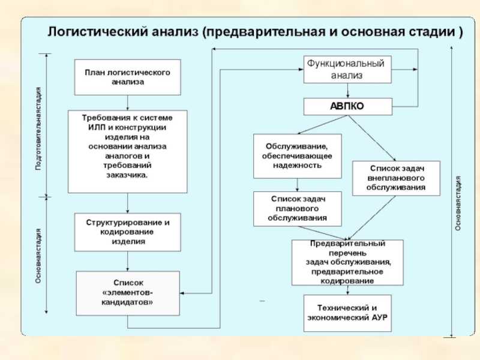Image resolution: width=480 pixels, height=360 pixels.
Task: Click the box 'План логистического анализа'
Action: pyautogui.click(x=128, y=77)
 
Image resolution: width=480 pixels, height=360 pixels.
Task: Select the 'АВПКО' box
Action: pyautogui.click(x=348, y=107)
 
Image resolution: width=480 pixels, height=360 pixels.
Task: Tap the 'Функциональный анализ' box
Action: pyautogui.click(x=347, y=70)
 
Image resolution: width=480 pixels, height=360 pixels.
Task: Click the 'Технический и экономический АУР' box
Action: pyautogui.click(x=347, y=313)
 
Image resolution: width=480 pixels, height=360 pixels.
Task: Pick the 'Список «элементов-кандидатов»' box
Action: pyautogui.click(x=128, y=293)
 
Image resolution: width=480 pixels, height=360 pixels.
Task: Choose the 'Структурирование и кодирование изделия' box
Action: pyautogui.click(x=128, y=232)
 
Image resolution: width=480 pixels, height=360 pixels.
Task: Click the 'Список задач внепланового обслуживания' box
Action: pyautogui.click(x=396, y=178)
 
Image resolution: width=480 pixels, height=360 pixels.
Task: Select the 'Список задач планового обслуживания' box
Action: pyautogui.click(x=297, y=209)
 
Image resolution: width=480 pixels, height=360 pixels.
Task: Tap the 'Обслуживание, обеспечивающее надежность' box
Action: pyautogui.click(x=297, y=156)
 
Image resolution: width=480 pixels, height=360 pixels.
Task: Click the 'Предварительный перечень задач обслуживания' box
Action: pyautogui.click(x=347, y=262)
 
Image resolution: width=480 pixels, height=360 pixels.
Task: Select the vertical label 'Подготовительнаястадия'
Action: pyautogui.click(x=38, y=128)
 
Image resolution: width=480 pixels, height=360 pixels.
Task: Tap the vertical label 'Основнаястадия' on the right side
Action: pyautogui.click(x=458, y=203)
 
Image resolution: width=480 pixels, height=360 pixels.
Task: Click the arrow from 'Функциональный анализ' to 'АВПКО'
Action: pyautogui.click(x=347, y=91)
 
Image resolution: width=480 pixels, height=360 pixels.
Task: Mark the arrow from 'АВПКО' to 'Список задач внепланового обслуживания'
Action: pyautogui.click(x=372, y=138)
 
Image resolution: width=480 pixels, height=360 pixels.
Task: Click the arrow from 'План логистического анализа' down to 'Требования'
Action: pyautogui.click(x=128, y=103)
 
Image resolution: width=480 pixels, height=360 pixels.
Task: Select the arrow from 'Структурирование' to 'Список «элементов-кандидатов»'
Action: pyautogui.click(x=128, y=261)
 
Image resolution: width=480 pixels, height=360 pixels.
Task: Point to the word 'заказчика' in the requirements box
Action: pyautogui.click(x=127, y=175)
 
